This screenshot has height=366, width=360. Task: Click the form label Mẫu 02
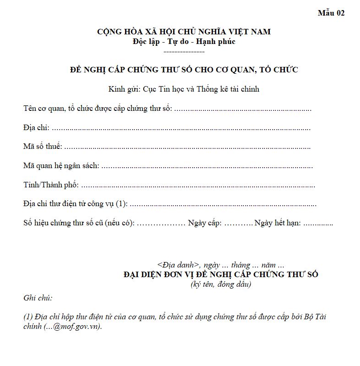(331, 13)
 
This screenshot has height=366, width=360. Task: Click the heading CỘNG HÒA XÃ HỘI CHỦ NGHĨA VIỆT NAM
(184, 32)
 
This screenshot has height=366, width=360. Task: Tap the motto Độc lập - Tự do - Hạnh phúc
(184, 41)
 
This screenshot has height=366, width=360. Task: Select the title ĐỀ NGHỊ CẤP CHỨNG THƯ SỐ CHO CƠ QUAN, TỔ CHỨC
(184, 70)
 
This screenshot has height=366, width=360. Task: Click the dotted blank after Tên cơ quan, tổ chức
(243, 109)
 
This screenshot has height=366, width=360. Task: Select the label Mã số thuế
(43, 147)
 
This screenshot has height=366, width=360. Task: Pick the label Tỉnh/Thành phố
(51, 185)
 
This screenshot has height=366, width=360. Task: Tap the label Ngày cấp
(205, 223)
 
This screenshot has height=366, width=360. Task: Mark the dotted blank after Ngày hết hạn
(318, 224)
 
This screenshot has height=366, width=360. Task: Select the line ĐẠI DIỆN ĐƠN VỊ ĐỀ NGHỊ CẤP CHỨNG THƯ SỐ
(221, 274)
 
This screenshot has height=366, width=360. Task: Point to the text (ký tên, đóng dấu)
(221, 284)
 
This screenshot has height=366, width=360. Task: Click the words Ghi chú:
(38, 298)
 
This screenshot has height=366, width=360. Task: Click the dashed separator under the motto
(184, 51)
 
